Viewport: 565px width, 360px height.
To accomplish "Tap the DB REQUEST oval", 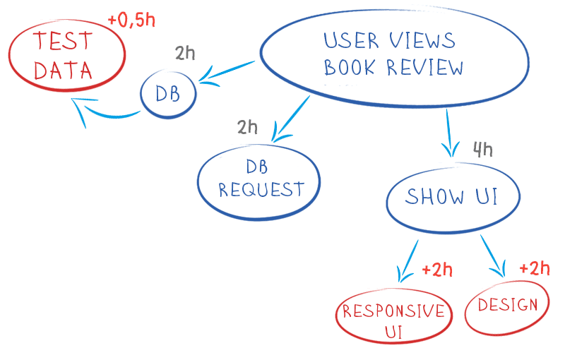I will (x=259, y=179).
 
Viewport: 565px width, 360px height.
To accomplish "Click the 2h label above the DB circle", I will (x=185, y=54).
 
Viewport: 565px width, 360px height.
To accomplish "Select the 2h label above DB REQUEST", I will (x=248, y=128).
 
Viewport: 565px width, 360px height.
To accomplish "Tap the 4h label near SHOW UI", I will (x=482, y=150).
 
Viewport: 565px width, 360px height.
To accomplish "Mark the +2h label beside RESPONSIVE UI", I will (x=436, y=270).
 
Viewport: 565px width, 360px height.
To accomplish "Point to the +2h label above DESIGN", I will (x=534, y=269).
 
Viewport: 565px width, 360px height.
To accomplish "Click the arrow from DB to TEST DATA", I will (x=106, y=112).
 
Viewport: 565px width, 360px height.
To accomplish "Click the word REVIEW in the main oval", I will (x=426, y=68).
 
